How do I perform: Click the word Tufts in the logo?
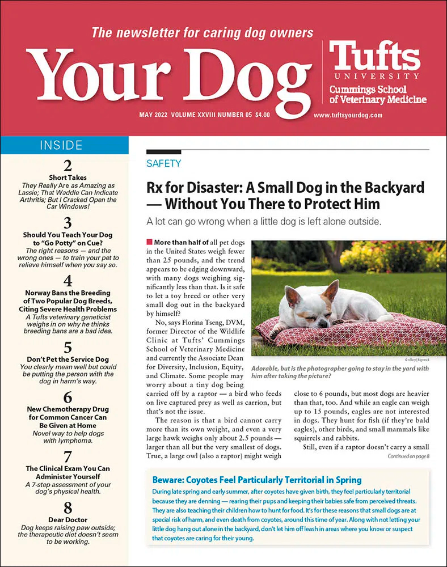[374, 57]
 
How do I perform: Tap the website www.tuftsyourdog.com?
[348, 115]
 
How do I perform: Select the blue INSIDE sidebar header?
[64, 146]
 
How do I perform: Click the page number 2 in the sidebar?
[68, 167]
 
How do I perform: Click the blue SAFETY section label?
[163, 164]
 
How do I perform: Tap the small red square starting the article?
[149, 242]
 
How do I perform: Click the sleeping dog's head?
[304, 303]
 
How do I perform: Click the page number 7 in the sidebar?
[68, 457]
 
